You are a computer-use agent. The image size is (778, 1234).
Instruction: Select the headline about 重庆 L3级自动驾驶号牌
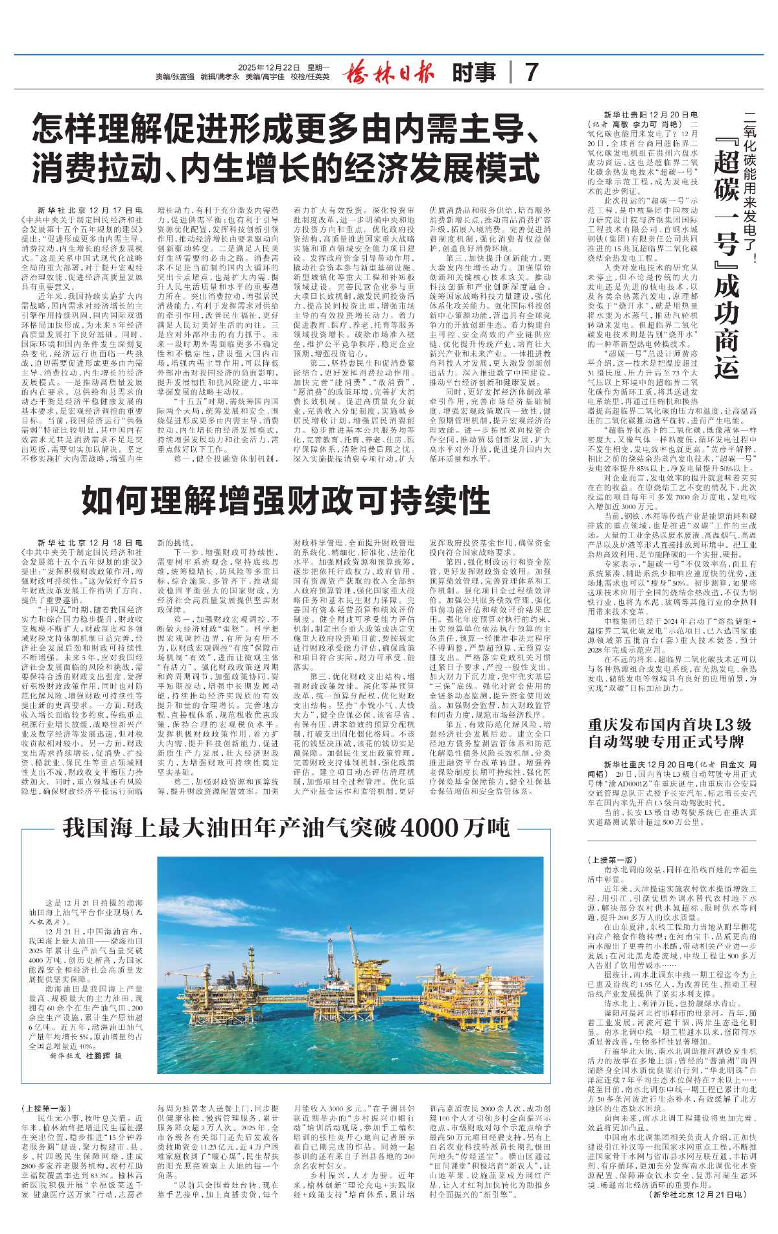[x=670, y=733]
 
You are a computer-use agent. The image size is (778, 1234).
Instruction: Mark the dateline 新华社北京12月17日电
[x=89, y=211]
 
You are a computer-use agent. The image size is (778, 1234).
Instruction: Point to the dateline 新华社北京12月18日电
[x=89, y=542]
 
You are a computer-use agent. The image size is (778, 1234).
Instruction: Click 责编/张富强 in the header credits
[x=175, y=77]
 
